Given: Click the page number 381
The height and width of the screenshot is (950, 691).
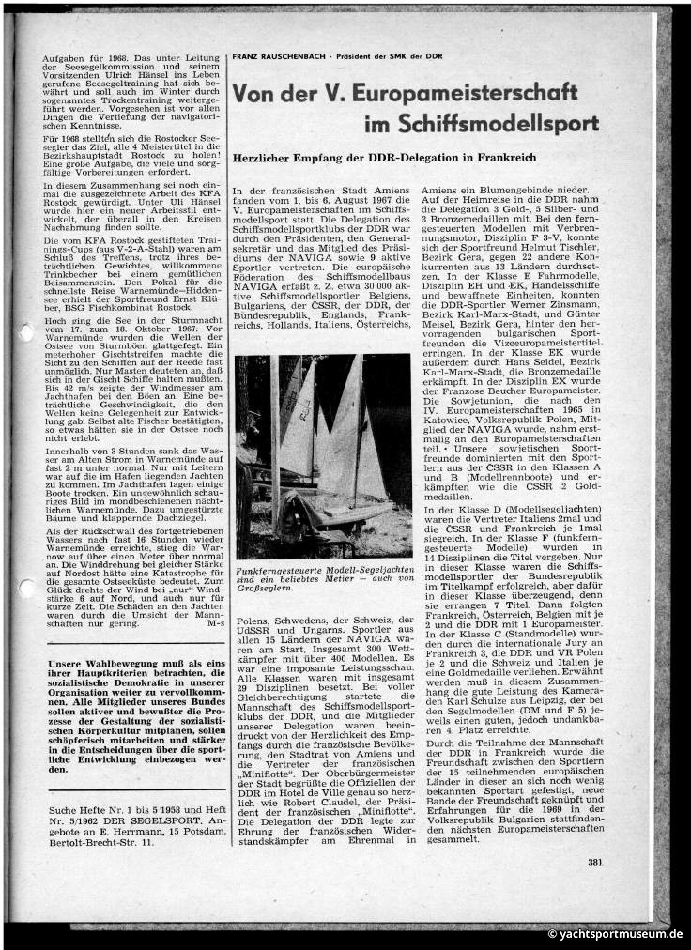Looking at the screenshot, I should pyautogui.click(x=594, y=888).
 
